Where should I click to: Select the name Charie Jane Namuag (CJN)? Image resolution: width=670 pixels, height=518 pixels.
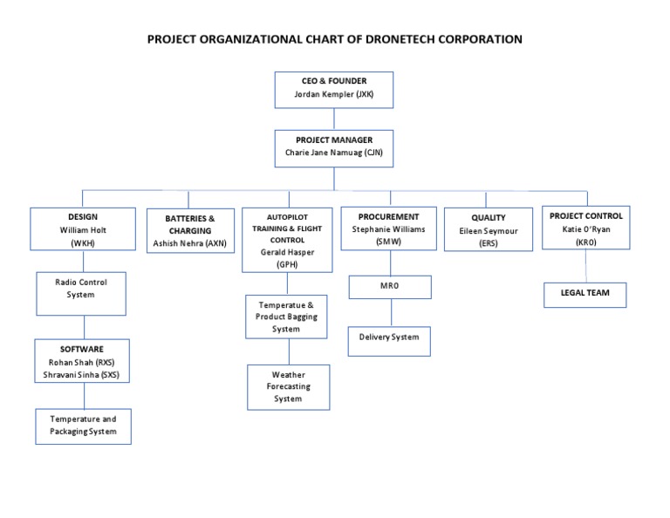coord(334,153)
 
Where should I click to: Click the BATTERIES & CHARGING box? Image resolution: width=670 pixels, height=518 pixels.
coord(189,231)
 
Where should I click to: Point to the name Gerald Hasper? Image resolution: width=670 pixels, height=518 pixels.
coord(287,251)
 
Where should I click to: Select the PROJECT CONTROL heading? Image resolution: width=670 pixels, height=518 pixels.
coord(585,215)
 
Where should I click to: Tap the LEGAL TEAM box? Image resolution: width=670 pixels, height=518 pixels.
coord(585,293)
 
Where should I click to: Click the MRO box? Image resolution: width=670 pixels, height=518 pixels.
coord(390,287)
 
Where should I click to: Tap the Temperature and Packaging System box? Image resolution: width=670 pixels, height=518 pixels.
coord(83,426)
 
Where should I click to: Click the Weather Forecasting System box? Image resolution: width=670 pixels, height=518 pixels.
coord(288,386)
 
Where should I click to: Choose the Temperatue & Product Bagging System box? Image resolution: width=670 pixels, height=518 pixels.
coord(287,317)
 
